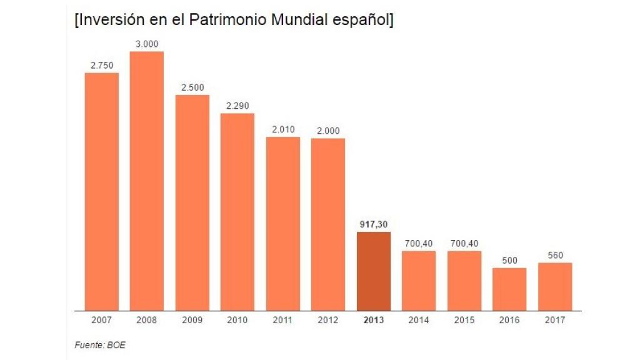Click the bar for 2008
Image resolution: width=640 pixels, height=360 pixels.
[x=146, y=181]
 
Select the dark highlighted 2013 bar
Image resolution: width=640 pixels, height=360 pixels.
[x=373, y=271]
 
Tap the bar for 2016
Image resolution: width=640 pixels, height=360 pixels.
[x=509, y=289]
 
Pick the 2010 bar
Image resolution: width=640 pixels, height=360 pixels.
[x=237, y=212]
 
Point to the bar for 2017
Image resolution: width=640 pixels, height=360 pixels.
[x=555, y=286]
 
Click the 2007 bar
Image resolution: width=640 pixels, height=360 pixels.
[x=101, y=191]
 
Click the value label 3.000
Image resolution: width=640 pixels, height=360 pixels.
[x=146, y=44]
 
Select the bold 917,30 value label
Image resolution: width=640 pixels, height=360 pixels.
[x=373, y=224]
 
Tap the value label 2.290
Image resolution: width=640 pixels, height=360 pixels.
[x=237, y=106]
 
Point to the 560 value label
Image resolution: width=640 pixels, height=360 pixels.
[x=555, y=255]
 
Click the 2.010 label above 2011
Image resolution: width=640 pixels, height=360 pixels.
[x=282, y=129]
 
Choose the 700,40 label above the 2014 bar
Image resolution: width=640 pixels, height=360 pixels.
[x=419, y=243]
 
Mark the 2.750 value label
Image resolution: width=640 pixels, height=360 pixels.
[x=101, y=65]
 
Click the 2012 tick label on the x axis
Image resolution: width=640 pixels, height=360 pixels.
[x=328, y=320]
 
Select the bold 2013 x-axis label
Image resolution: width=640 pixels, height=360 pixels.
[x=373, y=320]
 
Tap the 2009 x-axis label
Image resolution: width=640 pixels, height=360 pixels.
[x=192, y=320]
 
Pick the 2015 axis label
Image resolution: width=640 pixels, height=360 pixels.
[x=464, y=320]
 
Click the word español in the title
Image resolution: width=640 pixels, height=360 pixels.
[x=361, y=20]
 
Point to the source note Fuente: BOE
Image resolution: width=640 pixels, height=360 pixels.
[x=96, y=344]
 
